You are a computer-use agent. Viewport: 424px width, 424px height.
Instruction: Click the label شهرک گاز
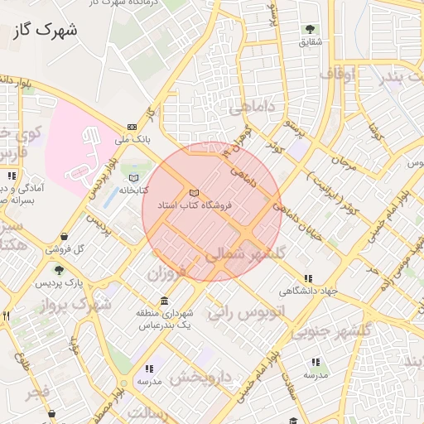coord(46,31)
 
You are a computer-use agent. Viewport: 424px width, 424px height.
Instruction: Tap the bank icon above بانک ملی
coord(132,127)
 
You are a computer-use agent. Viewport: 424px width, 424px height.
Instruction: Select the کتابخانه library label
coord(133,190)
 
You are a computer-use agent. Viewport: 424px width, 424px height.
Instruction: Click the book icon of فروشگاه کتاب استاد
coord(194,191)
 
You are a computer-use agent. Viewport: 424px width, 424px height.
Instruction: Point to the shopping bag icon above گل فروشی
coord(87,237)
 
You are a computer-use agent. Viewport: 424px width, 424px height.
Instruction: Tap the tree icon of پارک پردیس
coord(59,269)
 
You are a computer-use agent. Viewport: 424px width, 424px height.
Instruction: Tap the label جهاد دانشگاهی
coord(309,291)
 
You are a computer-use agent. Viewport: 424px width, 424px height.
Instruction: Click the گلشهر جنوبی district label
coord(330,330)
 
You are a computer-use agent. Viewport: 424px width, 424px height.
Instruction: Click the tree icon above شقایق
coord(311,30)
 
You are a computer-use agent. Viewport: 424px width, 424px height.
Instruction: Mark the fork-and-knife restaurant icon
coord(6,316)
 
